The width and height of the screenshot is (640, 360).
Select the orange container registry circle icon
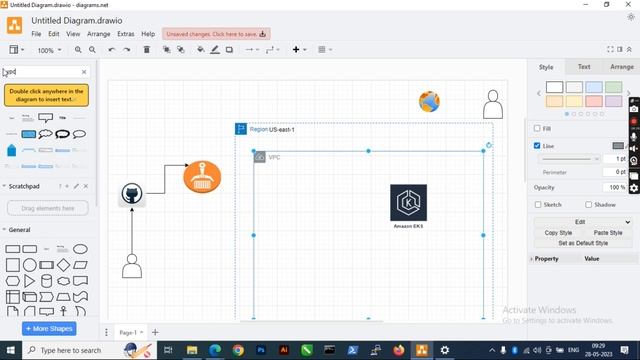[202, 177]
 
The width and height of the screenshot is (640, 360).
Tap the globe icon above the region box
[429, 101]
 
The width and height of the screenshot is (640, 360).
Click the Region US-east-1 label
[271, 129]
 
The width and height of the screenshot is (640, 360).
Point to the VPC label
[274, 157]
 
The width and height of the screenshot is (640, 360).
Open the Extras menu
[125, 34]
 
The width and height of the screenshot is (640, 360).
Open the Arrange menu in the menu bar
[98, 34]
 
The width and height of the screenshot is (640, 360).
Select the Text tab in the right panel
[584, 67]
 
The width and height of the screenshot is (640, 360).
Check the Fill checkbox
[537, 128]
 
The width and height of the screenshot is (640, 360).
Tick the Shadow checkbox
[587, 204]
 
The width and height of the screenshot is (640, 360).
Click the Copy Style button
[558, 232]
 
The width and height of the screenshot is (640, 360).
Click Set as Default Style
[582, 243]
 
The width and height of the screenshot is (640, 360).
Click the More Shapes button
[49, 328]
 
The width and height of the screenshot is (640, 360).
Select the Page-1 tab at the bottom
[128, 332]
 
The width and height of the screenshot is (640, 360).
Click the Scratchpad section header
[25, 186]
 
